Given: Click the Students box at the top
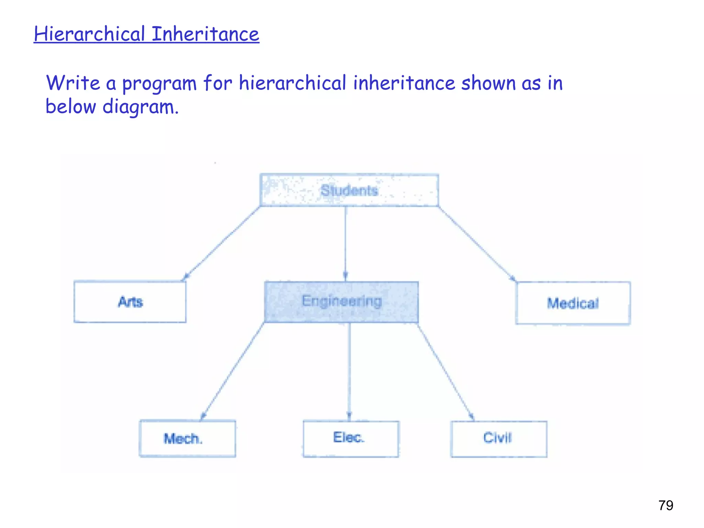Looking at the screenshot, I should pos(349,190).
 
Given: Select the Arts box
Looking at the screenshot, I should pos(130,302).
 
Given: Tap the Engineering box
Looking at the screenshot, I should pos(341,302).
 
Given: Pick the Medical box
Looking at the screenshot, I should pos(573,303).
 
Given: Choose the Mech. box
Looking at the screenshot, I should pos(187,438).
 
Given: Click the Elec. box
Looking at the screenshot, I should pos(351,438).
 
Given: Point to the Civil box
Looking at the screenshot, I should pos(499,438).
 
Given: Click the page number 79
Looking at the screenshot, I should pos(665,505).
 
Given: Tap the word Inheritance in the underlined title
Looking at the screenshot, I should pos(205,34).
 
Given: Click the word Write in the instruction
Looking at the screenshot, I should pos(73,83).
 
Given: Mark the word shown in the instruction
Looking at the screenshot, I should pos(488,83).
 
